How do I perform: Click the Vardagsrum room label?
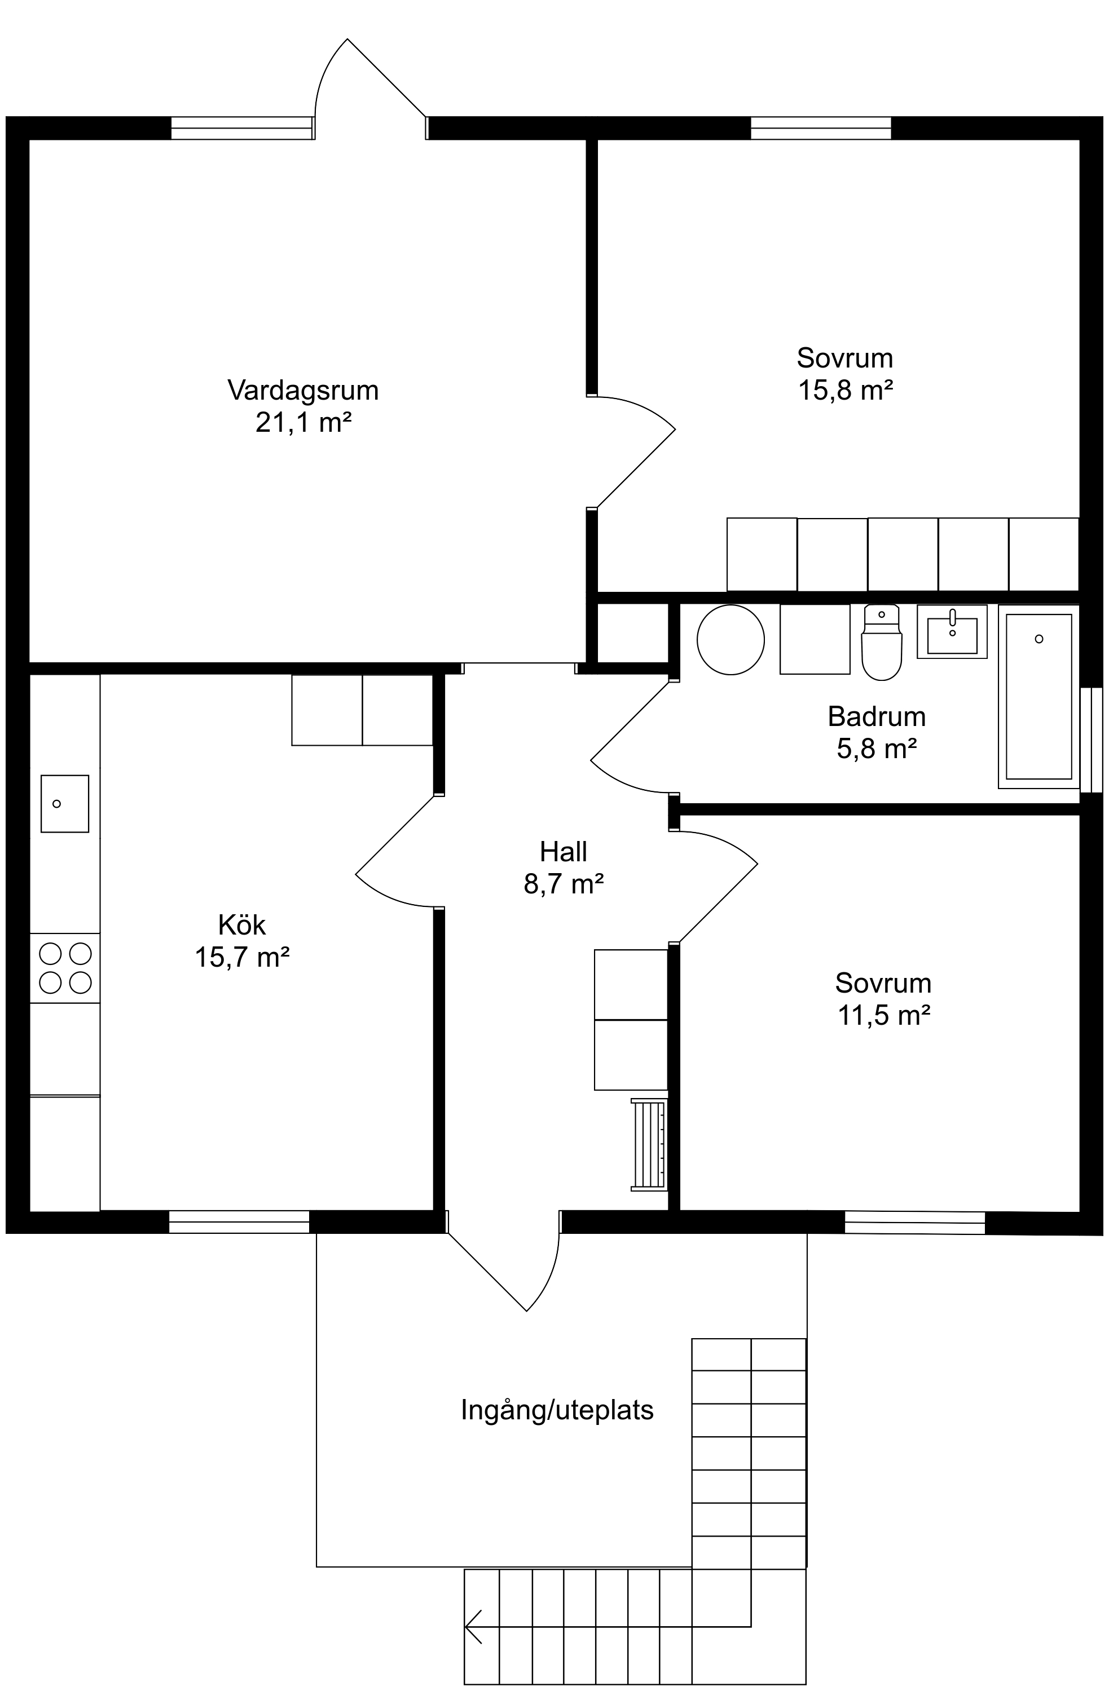point(303,390)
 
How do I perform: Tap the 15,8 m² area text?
point(845,390)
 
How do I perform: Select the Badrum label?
point(877,716)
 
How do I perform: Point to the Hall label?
point(564,851)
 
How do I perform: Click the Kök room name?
point(241,924)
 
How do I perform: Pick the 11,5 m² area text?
point(883,1015)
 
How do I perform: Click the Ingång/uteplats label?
point(557,1410)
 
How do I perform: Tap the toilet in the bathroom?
point(882,642)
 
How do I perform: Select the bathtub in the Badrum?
point(1038,696)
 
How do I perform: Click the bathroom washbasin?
point(952,632)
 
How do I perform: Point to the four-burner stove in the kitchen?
point(65,968)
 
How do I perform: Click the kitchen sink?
point(65,804)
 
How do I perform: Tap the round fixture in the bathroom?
point(731,639)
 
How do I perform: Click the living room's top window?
point(241,128)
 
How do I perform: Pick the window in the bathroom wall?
point(1091,740)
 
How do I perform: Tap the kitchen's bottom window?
point(239,1221)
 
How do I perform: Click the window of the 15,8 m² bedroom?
point(821,128)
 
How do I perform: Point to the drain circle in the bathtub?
point(1039,639)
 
